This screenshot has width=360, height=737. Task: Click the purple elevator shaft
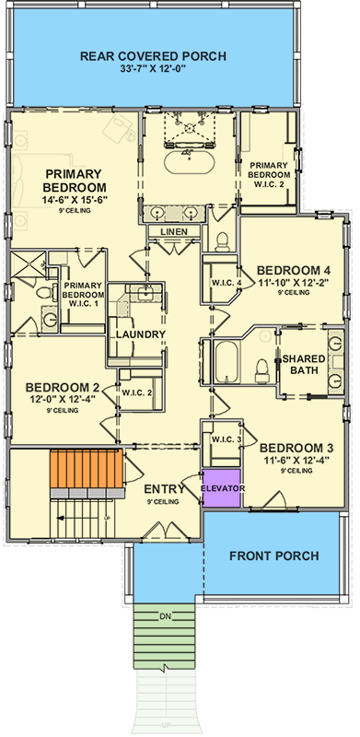221,488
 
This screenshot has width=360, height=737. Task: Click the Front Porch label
273,556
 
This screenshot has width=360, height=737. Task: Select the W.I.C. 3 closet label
226,439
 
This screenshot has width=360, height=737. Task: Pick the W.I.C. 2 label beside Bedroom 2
137,392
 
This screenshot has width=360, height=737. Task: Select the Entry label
166,488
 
